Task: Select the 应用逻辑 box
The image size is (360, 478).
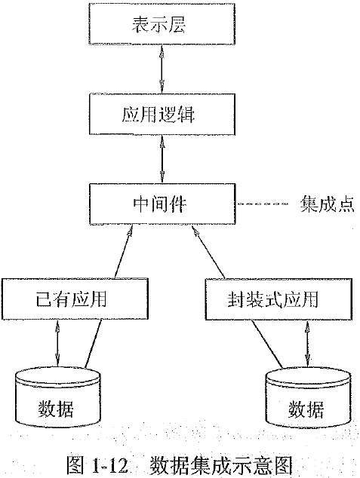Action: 158,116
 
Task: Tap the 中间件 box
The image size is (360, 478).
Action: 158,204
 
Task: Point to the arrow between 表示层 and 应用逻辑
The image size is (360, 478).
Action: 158,72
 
